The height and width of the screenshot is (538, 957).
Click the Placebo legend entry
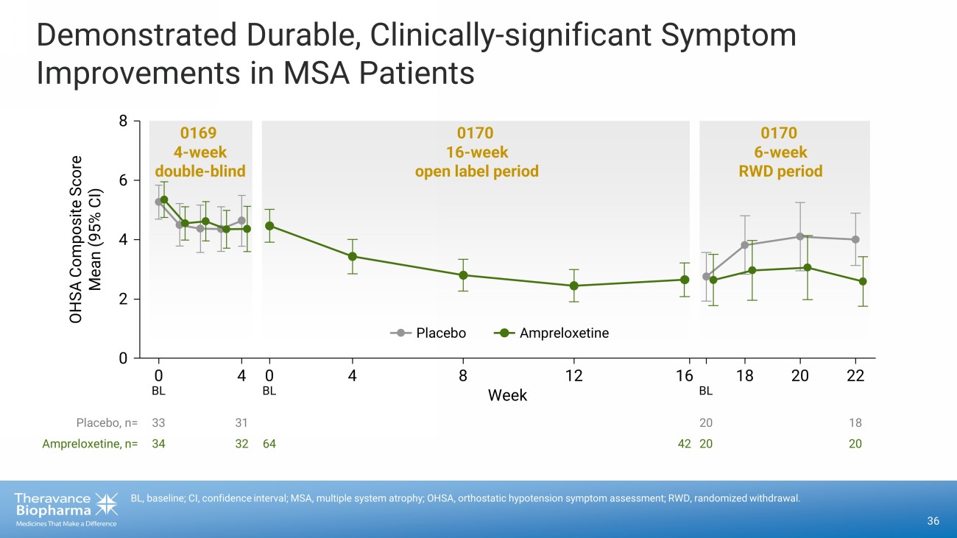pyautogui.click(x=440, y=333)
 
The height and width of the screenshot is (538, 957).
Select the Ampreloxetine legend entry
pyautogui.click(x=563, y=333)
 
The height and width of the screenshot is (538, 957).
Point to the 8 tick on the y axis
pyautogui.click(x=123, y=121)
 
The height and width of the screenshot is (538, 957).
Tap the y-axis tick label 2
pyautogui.click(x=123, y=300)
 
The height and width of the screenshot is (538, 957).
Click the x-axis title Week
pyautogui.click(x=507, y=395)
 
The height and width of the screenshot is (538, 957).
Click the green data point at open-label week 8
pyautogui.click(x=463, y=275)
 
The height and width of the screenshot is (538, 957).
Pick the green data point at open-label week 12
pyautogui.click(x=574, y=286)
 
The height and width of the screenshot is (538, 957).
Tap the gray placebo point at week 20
pyautogui.click(x=799, y=236)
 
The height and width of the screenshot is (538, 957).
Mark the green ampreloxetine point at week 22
pyautogui.click(x=863, y=281)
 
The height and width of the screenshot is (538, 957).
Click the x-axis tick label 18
pyautogui.click(x=744, y=375)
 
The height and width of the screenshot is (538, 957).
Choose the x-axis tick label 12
pyautogui.click(x=574, y=375)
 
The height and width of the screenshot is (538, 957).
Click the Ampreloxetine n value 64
pyautogui.click(x=269, y=444)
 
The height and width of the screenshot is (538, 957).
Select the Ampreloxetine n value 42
pyautogui.click(x=684, y=444)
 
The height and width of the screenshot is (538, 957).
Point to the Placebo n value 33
pyautogui.click(x=158, y=423)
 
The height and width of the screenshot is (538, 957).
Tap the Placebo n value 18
pyautogui.click(x=855, y=423)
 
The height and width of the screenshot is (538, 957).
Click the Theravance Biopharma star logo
pyautogui.click(x=107, y=505)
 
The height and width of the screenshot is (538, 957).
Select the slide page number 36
pyautogui.click(x=933, y=521)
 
